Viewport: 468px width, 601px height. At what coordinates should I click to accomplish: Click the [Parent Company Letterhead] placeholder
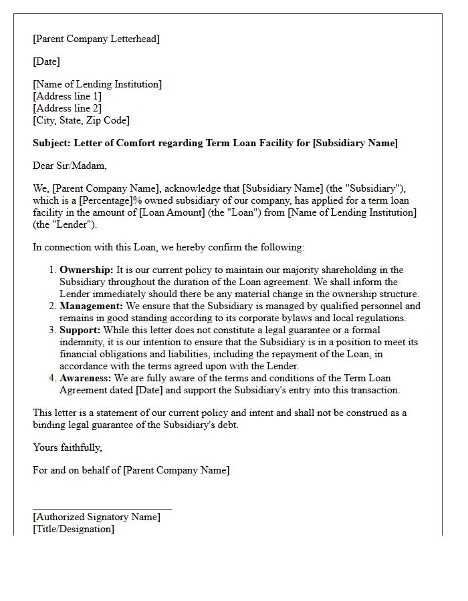coord(96,39)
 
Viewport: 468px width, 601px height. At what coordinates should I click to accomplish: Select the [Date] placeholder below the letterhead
coord(46,61)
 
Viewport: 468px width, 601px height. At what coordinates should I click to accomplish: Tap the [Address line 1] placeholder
coord(67,96)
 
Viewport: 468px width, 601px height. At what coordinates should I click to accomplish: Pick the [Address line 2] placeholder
coord(67,108)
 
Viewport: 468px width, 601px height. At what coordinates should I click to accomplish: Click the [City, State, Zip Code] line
coord(81,120)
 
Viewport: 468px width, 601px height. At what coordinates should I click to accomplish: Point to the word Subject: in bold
coord(51,143)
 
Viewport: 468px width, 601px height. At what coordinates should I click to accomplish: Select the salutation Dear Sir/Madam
coord(70,166)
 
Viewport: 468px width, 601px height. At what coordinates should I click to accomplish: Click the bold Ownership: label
coord(86,270)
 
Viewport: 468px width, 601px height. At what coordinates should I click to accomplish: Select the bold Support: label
coord(80,330)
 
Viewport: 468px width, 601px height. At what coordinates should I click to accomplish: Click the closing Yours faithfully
coord(67,447)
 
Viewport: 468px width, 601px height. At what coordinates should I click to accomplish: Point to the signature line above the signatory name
coord(102,510)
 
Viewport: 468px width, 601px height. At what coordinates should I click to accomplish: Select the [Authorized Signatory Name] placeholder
coord(96,517)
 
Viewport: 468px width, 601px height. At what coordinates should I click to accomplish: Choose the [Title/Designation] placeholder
coord(74,529)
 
